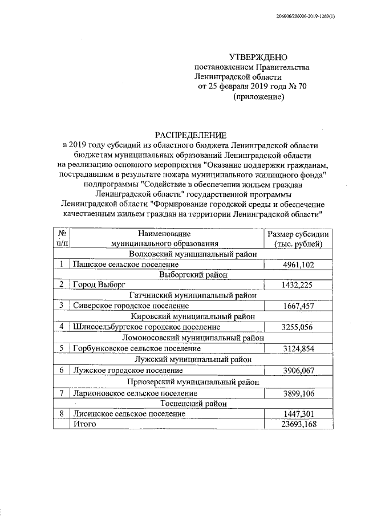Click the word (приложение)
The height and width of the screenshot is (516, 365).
tap(259, 97)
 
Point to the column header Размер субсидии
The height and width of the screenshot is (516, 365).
tap(298, 234)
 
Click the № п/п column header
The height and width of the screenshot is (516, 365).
tap(61, 239)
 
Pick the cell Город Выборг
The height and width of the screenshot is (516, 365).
tap(99, 284)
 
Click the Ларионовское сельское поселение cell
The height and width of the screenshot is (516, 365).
tap(135, 393)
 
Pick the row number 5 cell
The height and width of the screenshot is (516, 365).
tap(61, 348)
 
